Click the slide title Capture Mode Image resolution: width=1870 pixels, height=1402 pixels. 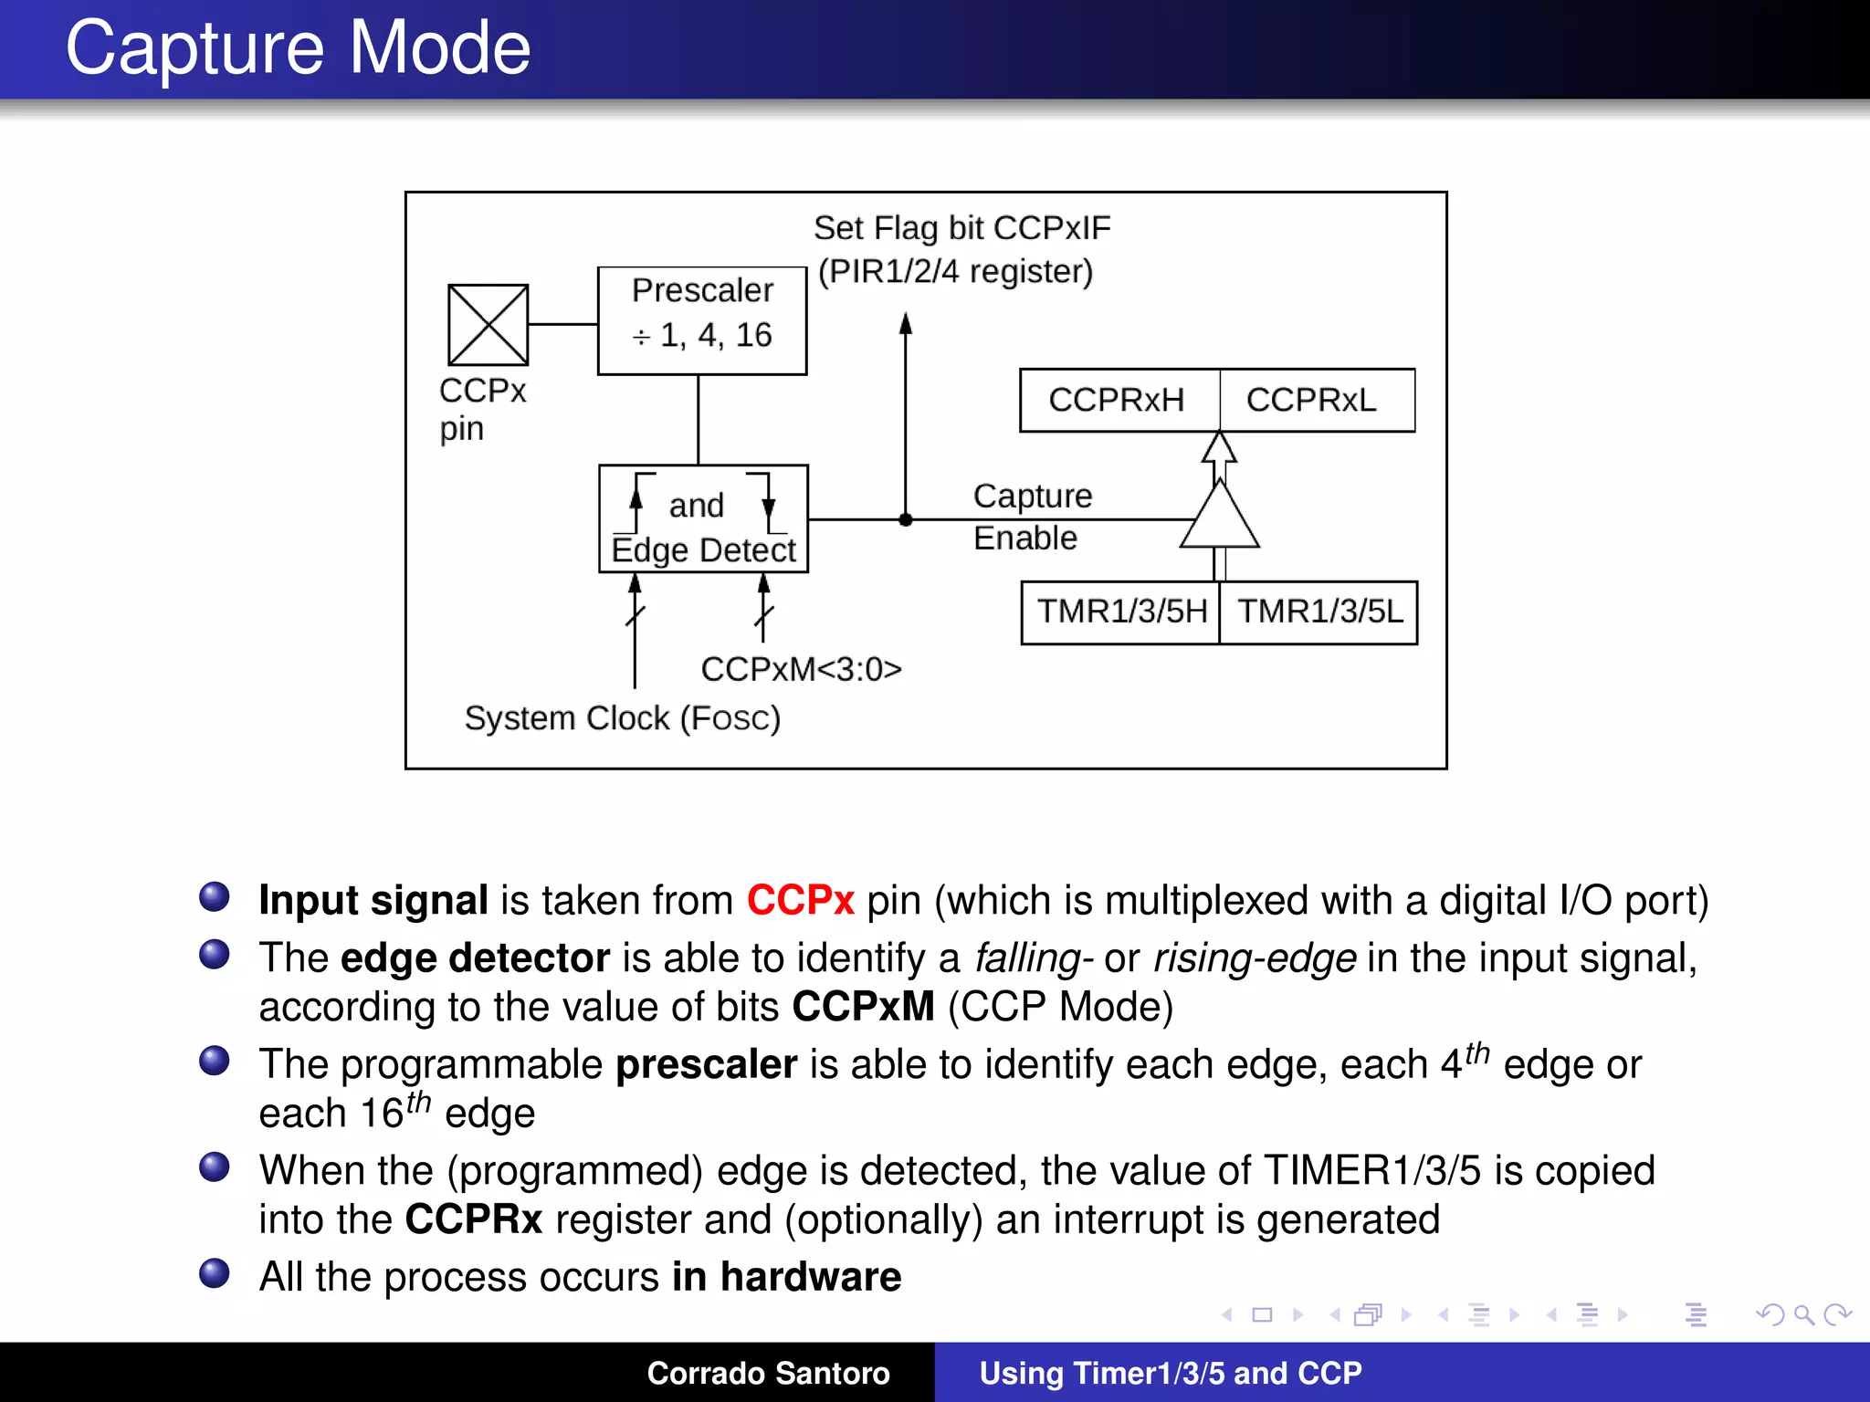click(x=298, y=47)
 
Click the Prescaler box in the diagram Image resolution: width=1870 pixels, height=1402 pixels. click(x=701, y=320)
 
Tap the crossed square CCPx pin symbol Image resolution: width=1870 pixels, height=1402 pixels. click(x=488, y=325)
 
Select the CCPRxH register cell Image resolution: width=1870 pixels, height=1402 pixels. click(x=1118, y=400)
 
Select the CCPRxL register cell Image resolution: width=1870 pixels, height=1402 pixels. click(x=1313, y=400)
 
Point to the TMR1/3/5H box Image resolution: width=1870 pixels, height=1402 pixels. click(x=1121, y=612)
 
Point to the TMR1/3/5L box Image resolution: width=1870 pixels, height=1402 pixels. click(x=1319, y=612)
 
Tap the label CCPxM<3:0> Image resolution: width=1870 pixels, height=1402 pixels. click(x=801, y=669)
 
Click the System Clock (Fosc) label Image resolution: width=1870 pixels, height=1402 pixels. click(x=622, y=718)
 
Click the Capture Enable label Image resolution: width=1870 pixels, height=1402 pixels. click(x=1032, y=517)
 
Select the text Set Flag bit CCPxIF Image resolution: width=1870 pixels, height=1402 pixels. click(x=961, y=228)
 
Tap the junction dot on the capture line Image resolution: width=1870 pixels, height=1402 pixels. click(x=906, y=520)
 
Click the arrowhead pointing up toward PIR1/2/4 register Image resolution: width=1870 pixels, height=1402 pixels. click(x=906, y=324)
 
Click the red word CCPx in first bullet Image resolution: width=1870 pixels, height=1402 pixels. click(x=800, y=900)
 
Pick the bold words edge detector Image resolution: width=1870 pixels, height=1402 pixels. click(x=475, y=957)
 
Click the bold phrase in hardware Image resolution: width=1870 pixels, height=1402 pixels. click(x=786, y=1276)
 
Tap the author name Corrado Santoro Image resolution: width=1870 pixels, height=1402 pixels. click(x=768, y=1373)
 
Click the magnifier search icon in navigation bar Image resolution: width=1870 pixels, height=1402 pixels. click(x=1803, y=1314)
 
